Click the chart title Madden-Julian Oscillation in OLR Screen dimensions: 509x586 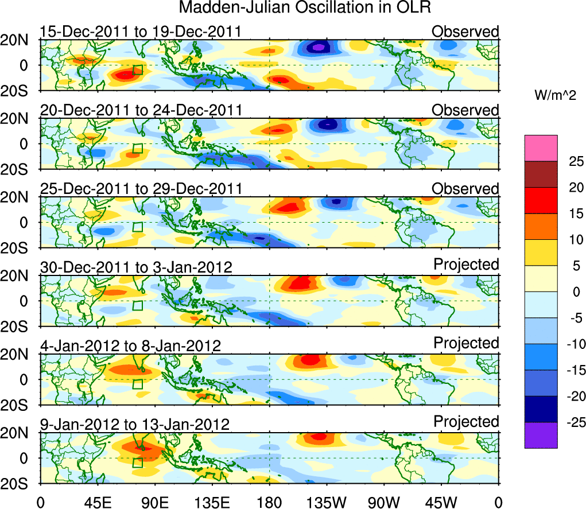[x=305, y=7]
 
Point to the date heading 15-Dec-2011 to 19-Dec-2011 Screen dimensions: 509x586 [x=141, y=31]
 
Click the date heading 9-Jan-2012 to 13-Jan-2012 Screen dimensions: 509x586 [x=135, y=425]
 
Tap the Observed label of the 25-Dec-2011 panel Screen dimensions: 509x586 [x=465, y=188]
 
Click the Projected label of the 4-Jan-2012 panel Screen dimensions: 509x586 [x=466, y=343]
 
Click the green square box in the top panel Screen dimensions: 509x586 [x=137, y=70]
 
